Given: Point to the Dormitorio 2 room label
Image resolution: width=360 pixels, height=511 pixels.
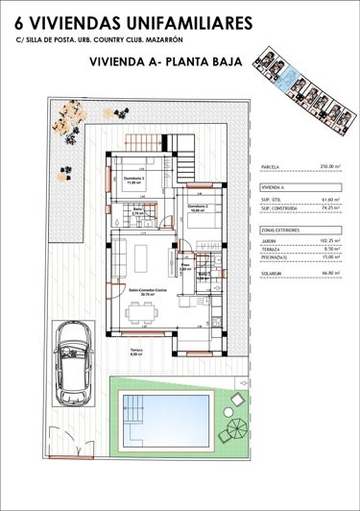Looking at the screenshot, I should coord(198,207).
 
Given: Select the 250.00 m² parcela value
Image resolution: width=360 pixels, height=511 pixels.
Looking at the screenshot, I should coord(328,166).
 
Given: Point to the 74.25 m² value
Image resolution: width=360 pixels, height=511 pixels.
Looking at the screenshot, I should coord(329,207).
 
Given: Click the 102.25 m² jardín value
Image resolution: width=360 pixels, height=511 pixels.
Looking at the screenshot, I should coord(328,241).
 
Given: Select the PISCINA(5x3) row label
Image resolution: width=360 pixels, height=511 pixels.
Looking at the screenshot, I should coord(279,256).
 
